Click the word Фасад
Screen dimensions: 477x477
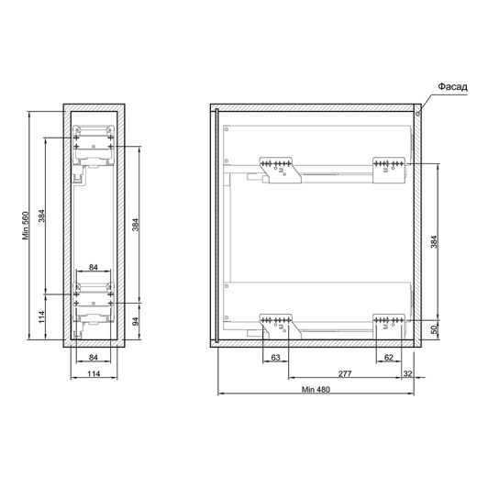coord(453,87)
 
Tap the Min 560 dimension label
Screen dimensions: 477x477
coord(26,226)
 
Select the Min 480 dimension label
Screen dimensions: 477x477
coord(316,390)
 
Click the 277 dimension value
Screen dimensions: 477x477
coord(345,373)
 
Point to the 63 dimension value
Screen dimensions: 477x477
coord(275,357)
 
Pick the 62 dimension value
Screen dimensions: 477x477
coord(388,357)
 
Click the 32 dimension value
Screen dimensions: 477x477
coord(408,373)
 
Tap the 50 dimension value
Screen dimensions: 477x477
coord(434,329)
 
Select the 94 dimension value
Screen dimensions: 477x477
coord(136,321)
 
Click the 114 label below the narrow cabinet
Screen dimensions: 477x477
coord(94,373)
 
